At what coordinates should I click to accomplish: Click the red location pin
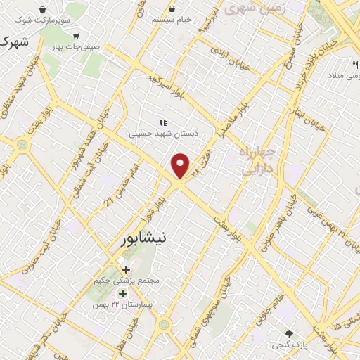(181, 165)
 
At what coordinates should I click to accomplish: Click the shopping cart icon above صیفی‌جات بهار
(76, 35)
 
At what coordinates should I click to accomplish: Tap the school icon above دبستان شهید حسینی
(162, 122)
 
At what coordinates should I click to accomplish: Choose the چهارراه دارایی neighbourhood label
(260, 161)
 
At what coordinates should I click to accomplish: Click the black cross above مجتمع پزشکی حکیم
(126, 269)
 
